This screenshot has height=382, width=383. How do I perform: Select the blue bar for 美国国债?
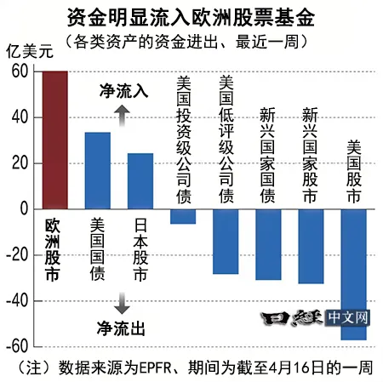tap(98, 170)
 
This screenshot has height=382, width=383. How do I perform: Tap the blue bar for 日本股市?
tap(140, 181)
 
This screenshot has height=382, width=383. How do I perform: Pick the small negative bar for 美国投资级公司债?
tap(183, 216)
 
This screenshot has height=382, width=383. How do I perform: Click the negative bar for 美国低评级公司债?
tap(226, 241)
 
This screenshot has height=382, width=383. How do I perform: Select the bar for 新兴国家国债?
tap(268, 244)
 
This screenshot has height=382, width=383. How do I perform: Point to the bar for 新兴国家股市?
tap(311, 246)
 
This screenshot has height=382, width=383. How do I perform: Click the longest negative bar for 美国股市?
tap(353, 274)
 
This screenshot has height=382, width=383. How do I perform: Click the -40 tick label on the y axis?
tap(17, 301)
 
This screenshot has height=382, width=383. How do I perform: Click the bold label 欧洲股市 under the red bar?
tap(52, 251)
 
